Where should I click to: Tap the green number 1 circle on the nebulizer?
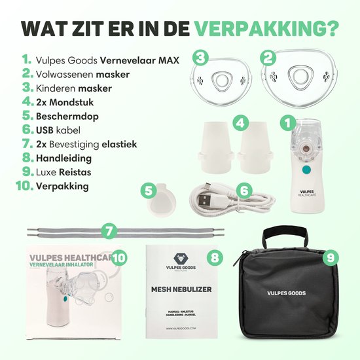pyautogui.click(x=287, y=122)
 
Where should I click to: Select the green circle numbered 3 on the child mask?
pyautogui.click(x=201, y=58)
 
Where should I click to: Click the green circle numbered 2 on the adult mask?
pyautogui.click(x=266, y=58)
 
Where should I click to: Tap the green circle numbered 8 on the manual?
pyautogui.click(x=214, y=257)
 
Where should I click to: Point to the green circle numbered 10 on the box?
pyautogui.click(x=119, y=257)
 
